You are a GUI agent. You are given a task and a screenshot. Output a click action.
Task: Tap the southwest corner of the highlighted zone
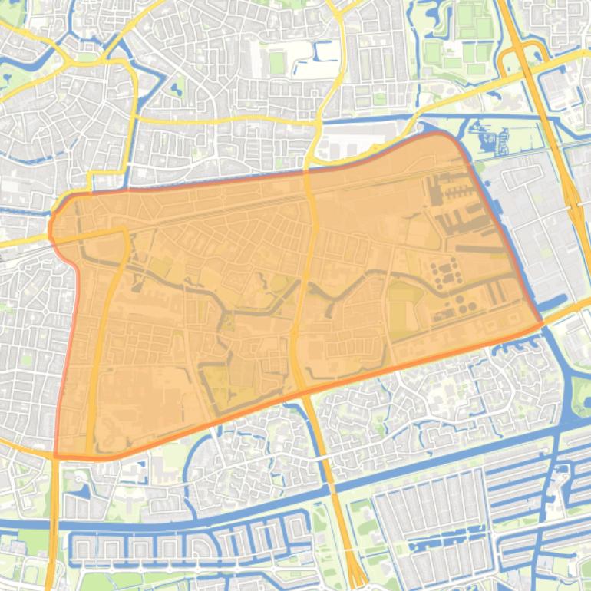point(55,455)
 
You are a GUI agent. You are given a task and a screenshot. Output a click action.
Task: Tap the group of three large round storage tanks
point(445,271)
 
